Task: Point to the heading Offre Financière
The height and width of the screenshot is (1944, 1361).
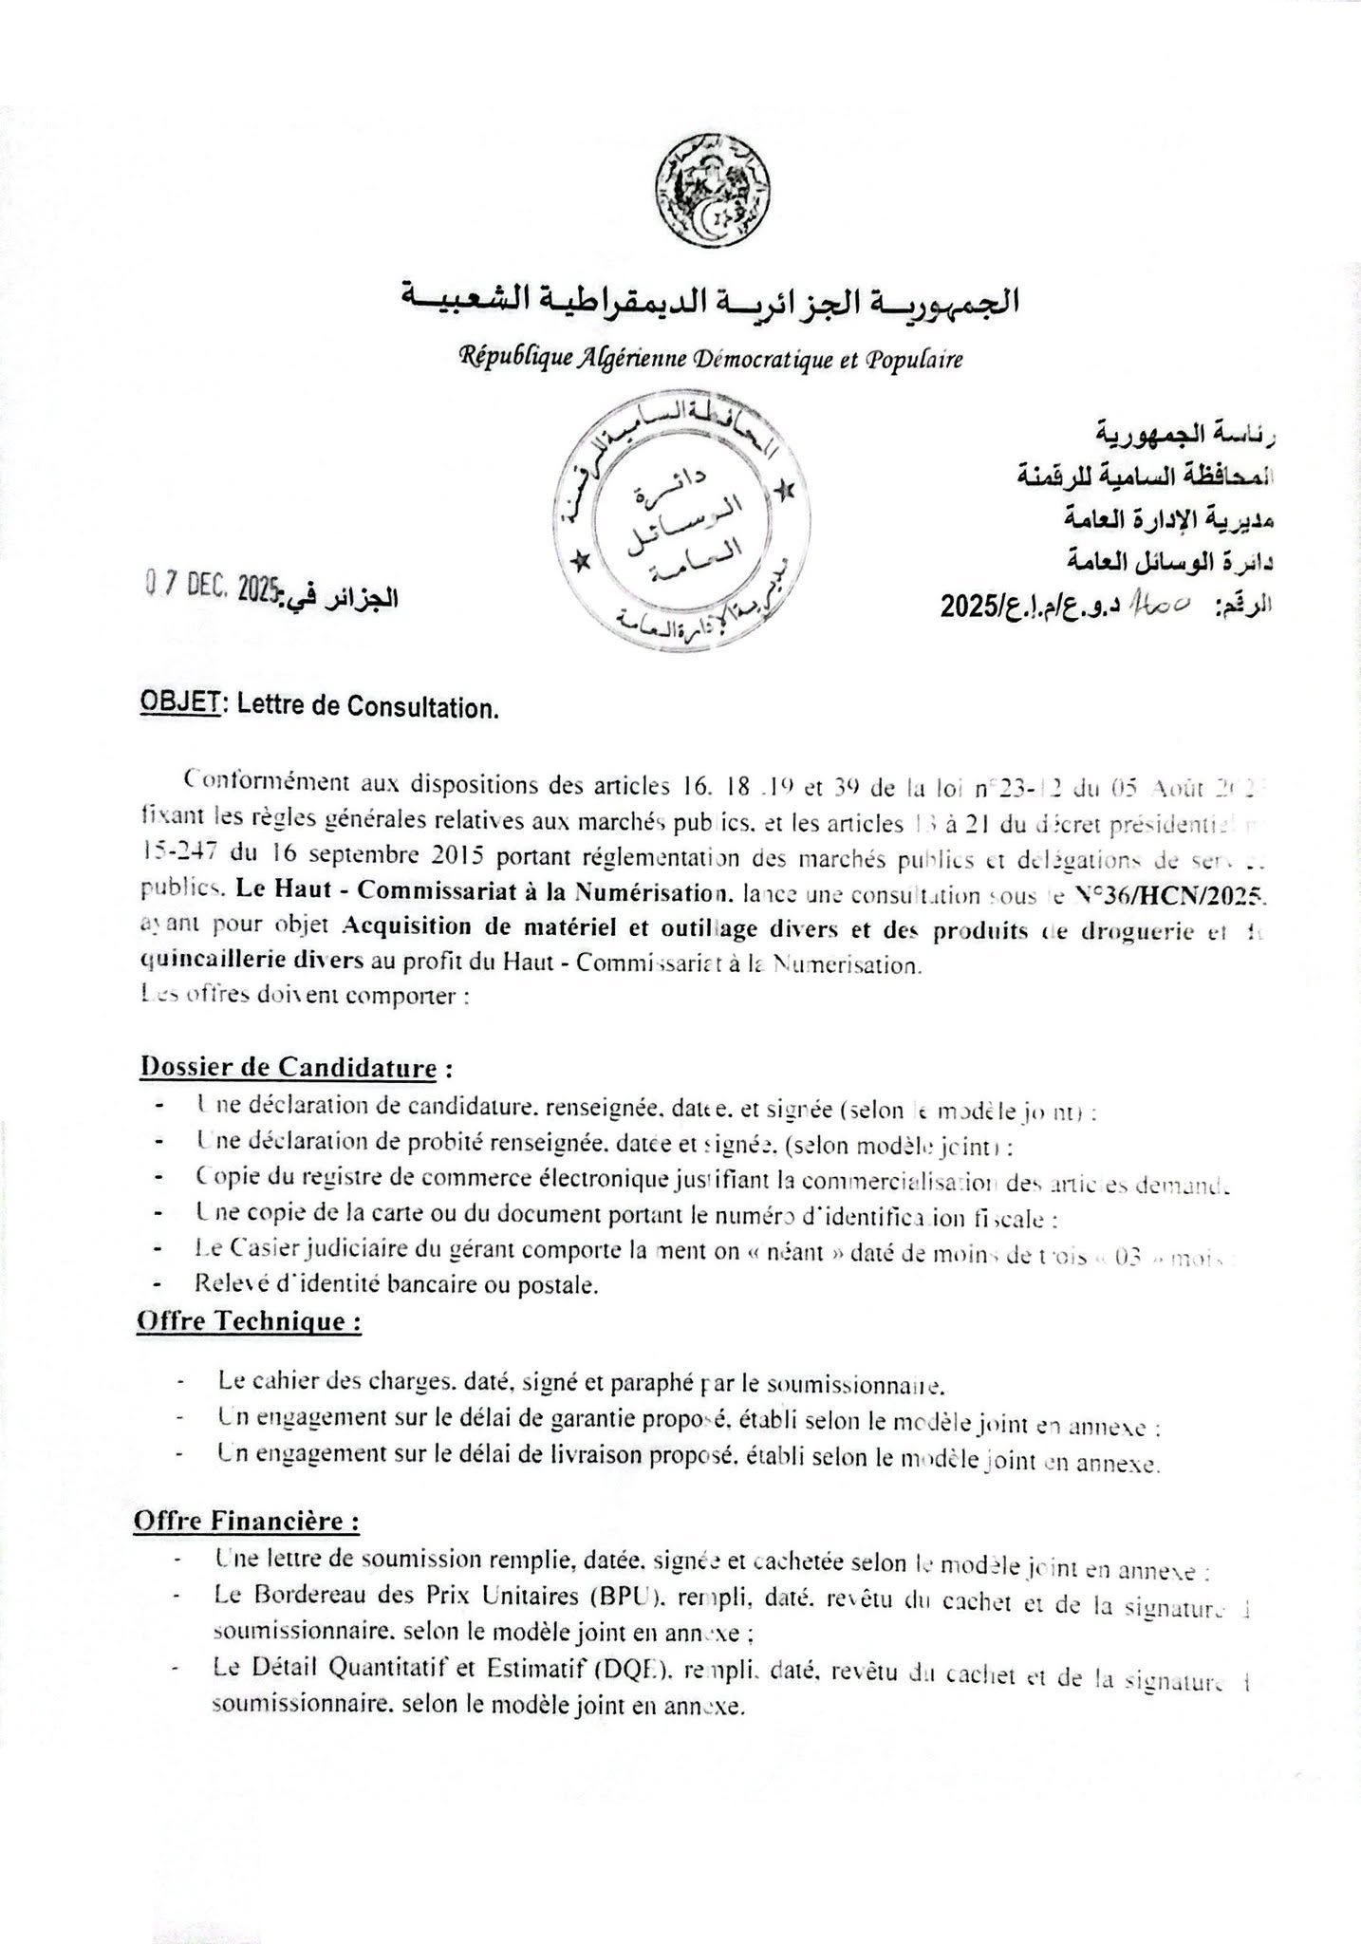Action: [246, 1521]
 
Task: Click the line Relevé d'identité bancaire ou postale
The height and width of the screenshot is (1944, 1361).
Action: [396, 1285]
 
